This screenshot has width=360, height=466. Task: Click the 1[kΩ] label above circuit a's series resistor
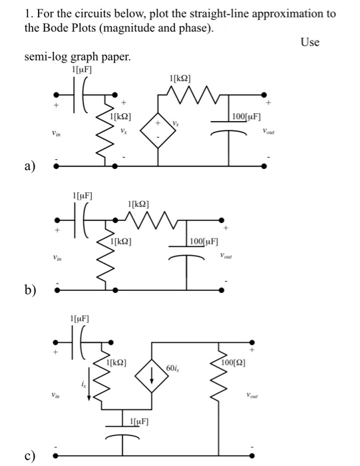pyautogui.click(x=182, y=81)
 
